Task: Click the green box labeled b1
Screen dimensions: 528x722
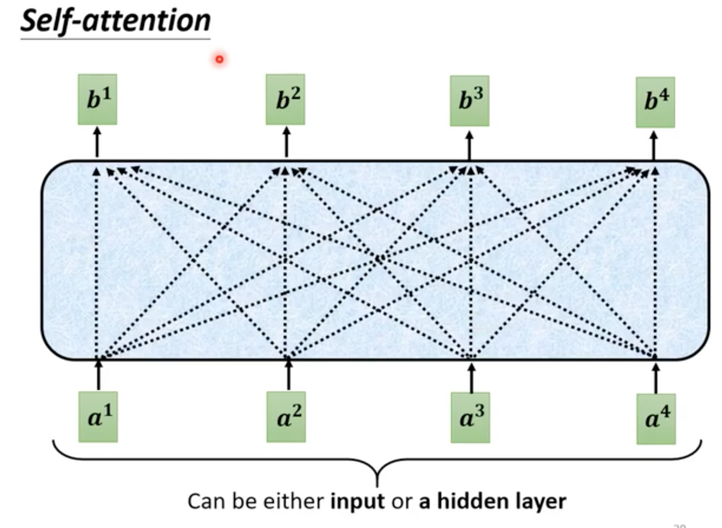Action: coord(97,99)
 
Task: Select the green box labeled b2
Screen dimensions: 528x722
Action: coord(285,99)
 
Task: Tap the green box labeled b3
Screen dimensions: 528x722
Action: coord(469,101)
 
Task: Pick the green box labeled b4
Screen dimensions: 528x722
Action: coord(655,102)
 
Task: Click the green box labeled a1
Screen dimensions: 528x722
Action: coord(98,417)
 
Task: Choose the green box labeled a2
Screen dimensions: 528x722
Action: coord(286,417)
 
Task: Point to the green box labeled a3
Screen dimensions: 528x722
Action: coord(470,418)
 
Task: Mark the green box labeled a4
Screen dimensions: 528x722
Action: coord(656,419)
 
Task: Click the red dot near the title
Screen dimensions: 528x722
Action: coord(220,60)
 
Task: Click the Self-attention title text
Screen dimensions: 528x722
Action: coord(115,21)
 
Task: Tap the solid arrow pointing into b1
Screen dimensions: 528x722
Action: coord(97,142)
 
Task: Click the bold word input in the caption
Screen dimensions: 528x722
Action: coord(357,502)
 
